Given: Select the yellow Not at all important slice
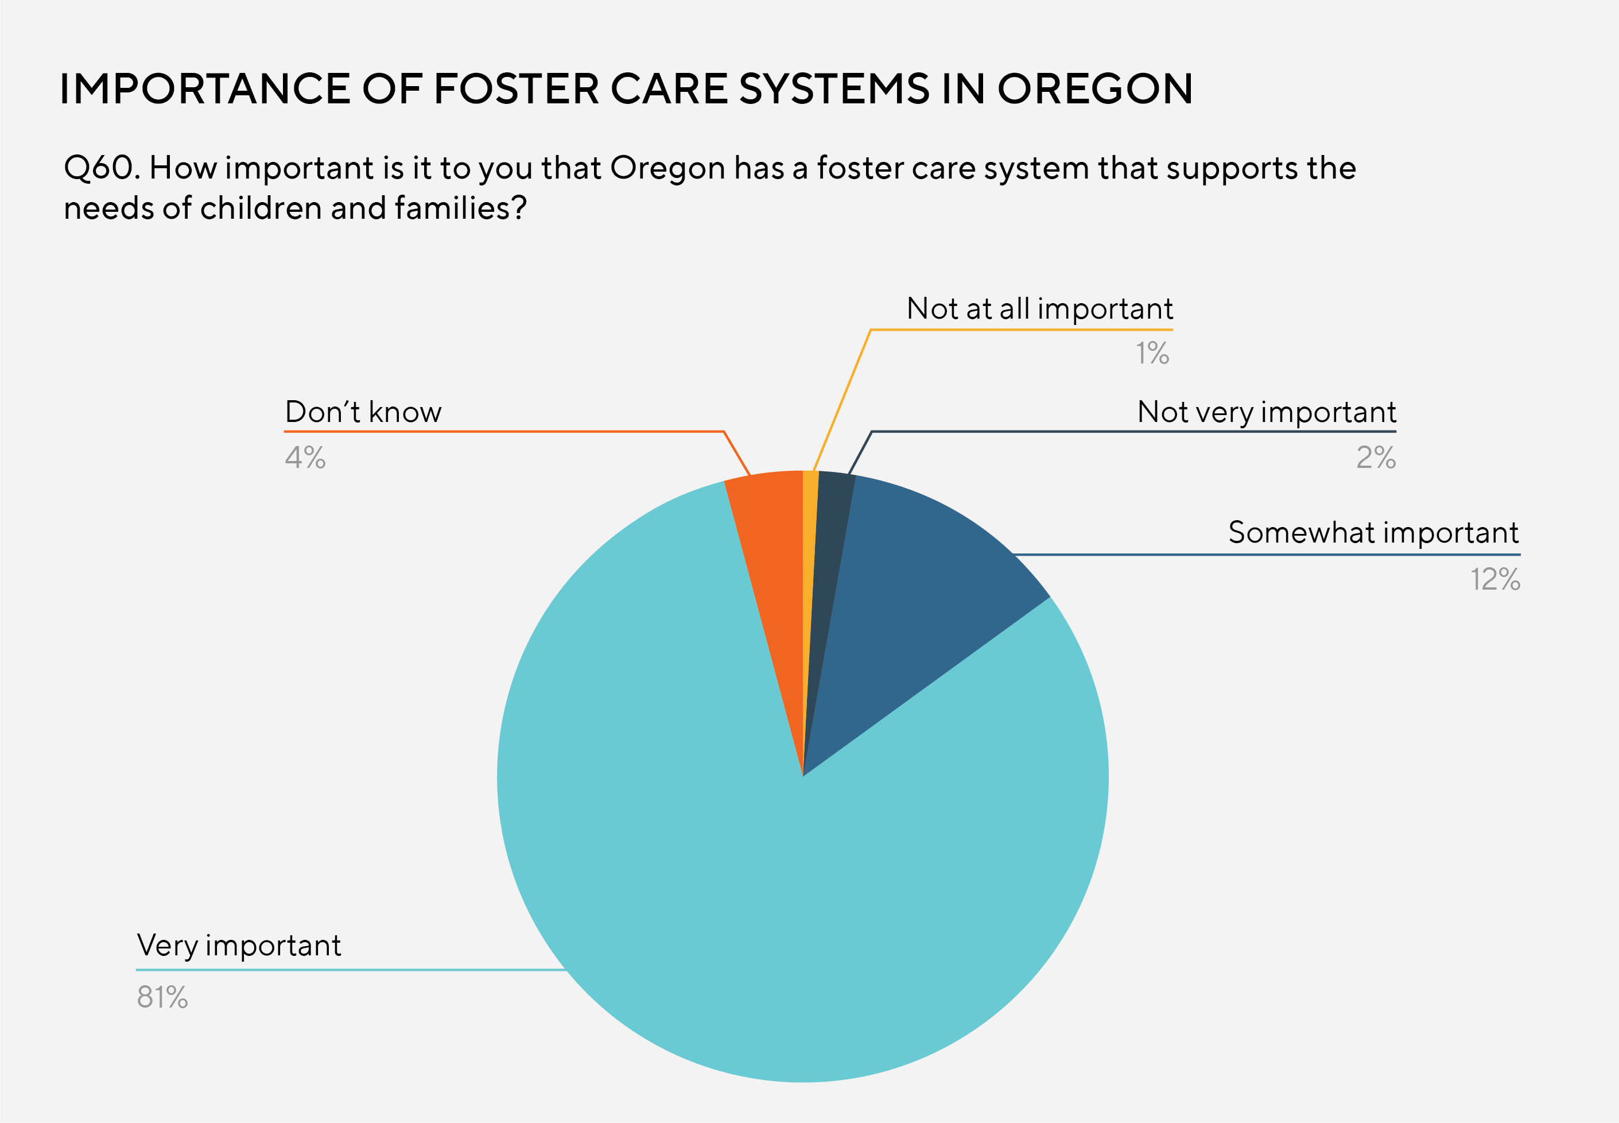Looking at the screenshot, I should pos(809,521).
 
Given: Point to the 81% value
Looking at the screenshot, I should pos(162,997).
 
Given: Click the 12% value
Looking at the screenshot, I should pos(1494,580).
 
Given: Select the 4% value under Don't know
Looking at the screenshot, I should pos(305,458).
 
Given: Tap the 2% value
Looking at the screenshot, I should pos(1376,458).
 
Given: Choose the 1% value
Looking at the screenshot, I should pos(1152,353).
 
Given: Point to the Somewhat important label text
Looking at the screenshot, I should pos(1373,533).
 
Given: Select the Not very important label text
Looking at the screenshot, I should pos(1266,412).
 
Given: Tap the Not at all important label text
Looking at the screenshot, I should pos(1039,309).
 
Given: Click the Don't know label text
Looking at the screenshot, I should pos(363,412).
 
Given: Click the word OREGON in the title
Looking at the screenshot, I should pos(1094,90).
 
